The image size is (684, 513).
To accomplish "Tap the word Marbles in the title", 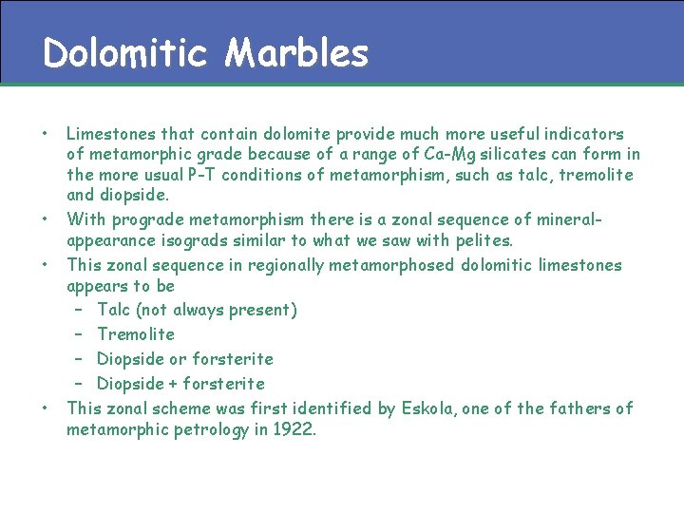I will pos(296,53).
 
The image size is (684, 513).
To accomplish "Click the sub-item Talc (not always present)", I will pos(197,310).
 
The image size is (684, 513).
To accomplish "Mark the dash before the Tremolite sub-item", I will pos(82,334).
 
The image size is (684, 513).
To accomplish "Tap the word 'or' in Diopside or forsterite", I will pos(178,359).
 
